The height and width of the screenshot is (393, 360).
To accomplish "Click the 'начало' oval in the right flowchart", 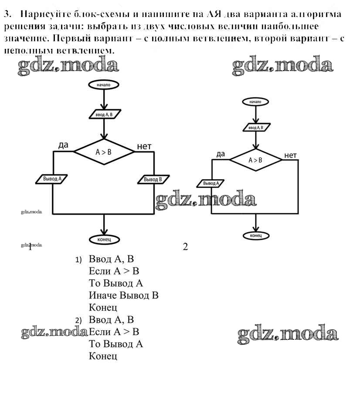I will point(255,102).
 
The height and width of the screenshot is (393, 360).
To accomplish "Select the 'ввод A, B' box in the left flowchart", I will point(104,115).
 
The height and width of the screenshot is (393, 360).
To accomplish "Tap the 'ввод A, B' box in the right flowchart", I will point(255,127).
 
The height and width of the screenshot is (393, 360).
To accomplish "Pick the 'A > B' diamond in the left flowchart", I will point(104,152).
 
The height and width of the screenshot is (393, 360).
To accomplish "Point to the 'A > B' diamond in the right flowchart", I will point(255,160).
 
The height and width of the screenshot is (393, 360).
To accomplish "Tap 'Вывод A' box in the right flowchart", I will point(211,183).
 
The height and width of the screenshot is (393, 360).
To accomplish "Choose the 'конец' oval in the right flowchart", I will point(255,236).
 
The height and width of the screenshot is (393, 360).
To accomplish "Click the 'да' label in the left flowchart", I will point(63,145).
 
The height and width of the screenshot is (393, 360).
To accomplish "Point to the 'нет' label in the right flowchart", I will point(290,155).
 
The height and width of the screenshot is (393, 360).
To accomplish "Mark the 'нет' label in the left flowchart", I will point(144,146).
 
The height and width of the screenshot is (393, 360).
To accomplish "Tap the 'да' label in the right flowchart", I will point(221,154).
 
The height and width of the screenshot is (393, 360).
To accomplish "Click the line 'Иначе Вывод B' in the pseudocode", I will point(123,295).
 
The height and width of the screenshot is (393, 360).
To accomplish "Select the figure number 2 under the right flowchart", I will point(185,247).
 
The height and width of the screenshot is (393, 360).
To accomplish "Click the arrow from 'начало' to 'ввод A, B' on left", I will point(104,99).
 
